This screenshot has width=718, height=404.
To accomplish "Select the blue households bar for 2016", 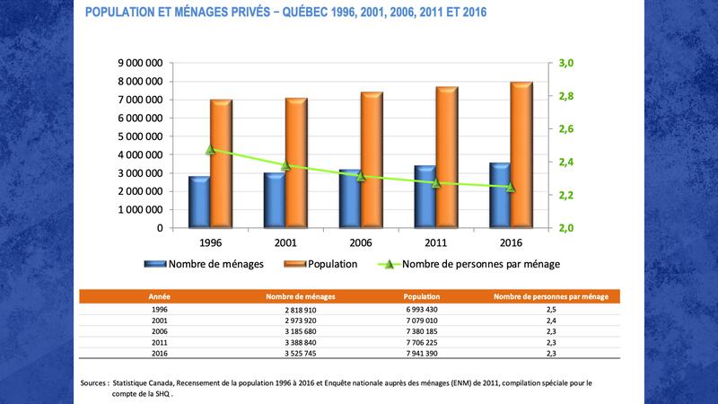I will [x=500, y=195].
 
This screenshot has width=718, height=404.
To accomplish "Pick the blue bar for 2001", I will [x=274, y=199].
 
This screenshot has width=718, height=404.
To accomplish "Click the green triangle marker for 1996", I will [x=211, y=150].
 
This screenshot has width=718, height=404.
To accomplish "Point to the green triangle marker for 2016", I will [x=511, y=187].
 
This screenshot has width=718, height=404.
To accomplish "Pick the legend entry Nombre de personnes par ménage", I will [x=481, y=264].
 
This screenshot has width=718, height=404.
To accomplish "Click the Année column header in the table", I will [x=159, y=295].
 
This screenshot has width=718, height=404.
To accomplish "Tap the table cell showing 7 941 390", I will [x=421, y=353].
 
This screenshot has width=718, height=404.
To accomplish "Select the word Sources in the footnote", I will [x=93, y=382].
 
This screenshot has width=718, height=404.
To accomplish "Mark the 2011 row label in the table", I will [x=159, y=342].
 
